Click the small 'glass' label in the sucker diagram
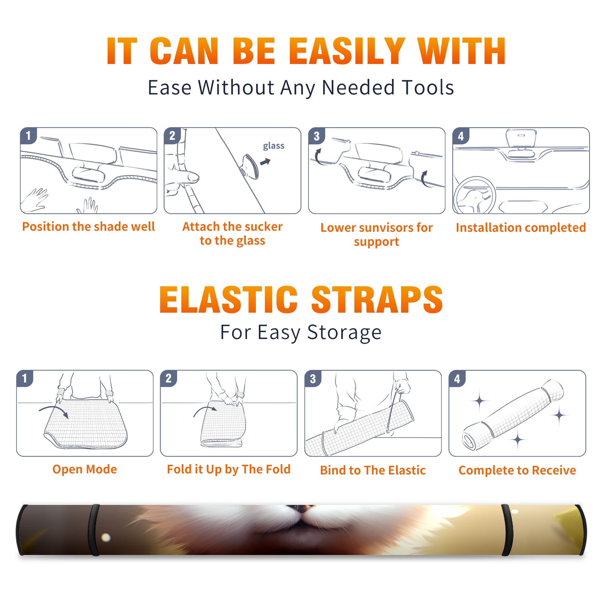pos(274,146)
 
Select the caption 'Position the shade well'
pos(88,227)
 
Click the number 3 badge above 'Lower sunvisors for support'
pos(316,136)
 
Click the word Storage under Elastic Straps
pos(344,332)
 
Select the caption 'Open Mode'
pos(85,469)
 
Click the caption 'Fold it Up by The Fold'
pos(229,469)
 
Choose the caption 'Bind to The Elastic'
pos(373,470)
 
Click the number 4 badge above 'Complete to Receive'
pos(457,379)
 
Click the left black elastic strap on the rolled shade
pos(94,530)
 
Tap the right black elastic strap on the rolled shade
pos(507,530)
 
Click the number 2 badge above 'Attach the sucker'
pos(172,136)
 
